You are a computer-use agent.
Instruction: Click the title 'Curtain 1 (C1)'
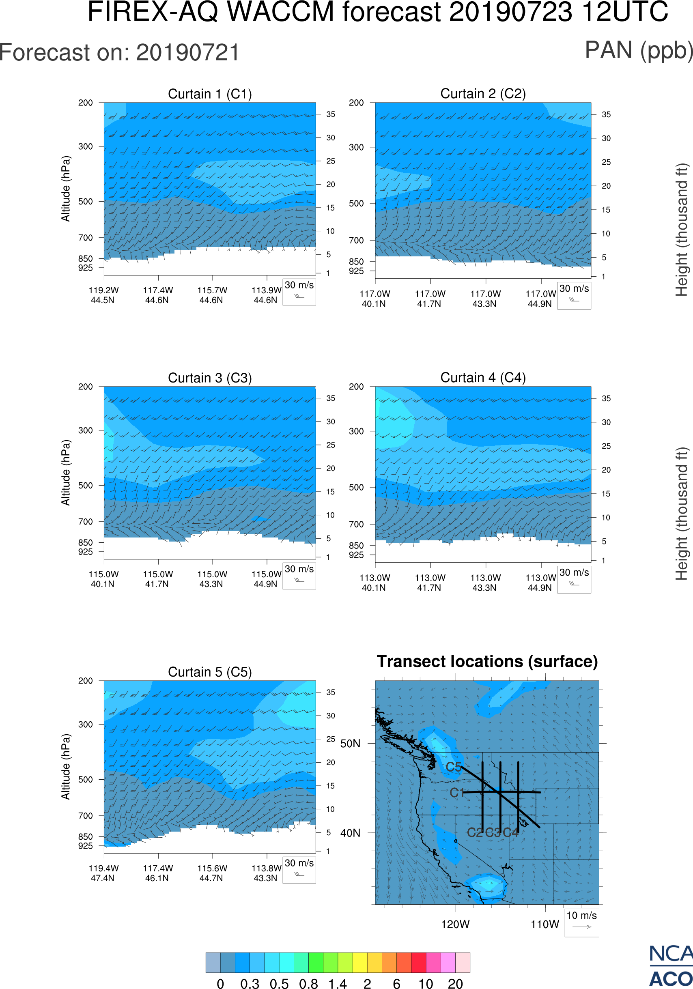point(210,94)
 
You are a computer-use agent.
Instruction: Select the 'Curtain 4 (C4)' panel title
point(483,378)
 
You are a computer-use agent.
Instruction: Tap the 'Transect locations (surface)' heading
point(487,661)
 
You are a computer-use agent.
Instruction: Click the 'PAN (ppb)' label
point(639,51)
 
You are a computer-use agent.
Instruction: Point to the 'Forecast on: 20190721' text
point(119,53)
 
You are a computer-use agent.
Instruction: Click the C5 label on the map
point(454,767)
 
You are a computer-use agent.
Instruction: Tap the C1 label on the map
point(456,793)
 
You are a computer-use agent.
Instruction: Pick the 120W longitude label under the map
point(455,924)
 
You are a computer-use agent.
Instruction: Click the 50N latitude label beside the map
point(350,744)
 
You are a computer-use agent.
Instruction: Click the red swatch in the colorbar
point(419,962)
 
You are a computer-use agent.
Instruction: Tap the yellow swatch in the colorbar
point(359,962)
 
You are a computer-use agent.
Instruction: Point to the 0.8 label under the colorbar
point(308,983)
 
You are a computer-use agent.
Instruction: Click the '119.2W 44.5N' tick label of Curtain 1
point(103,295)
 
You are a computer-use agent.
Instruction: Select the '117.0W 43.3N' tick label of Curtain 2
point(485,299)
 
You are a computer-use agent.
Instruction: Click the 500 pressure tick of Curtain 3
point(85,486)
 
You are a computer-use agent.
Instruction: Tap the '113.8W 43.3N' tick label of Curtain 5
point(266,873)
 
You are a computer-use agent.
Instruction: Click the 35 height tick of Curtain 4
point(606,398)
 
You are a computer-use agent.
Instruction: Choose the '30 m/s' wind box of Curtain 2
point(574,295)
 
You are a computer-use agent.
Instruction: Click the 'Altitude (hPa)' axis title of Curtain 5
point(65,767)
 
